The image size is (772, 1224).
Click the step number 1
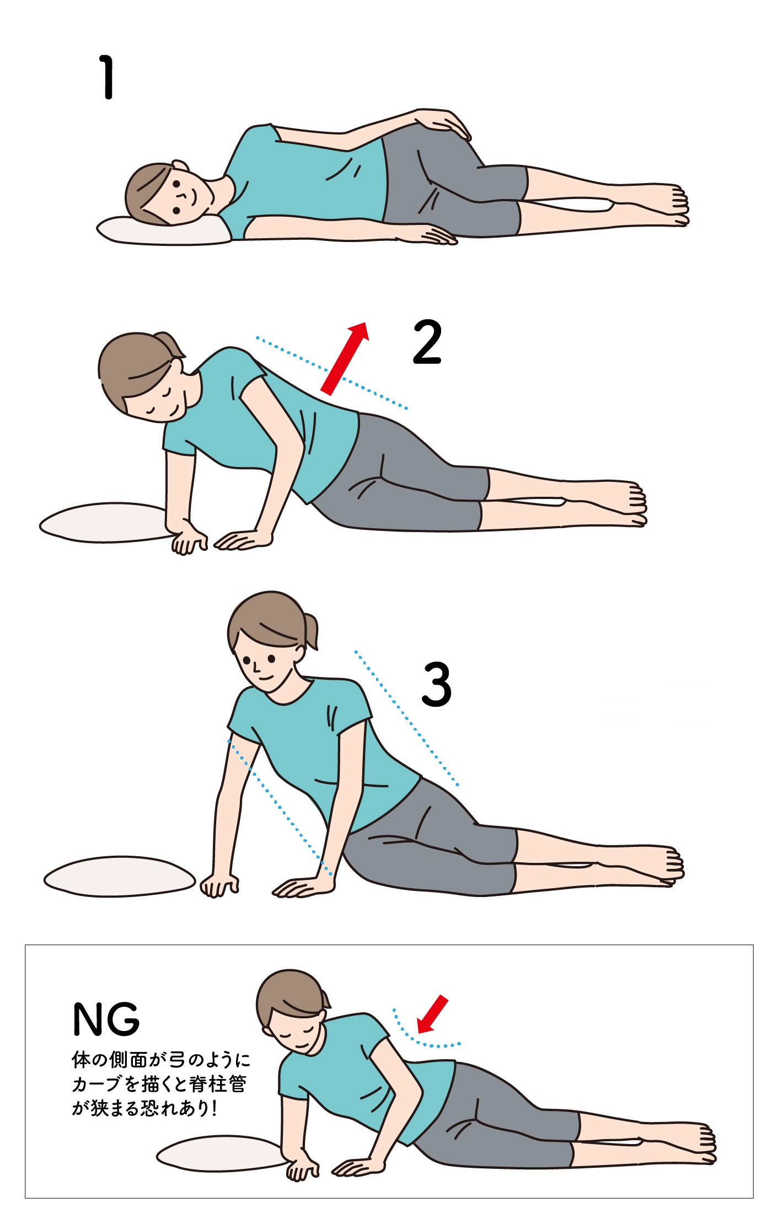pyautogui.click(x=106, y=77)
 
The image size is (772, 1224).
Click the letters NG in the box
pyautogui.click(x=106, y=1019)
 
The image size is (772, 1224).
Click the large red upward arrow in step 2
pyautogui.click(x=345, y=358)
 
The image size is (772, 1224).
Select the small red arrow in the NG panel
pyautogui.click(x=432, y=1014)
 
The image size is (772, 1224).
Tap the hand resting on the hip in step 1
pyautogui.click(x=443, y=124)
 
